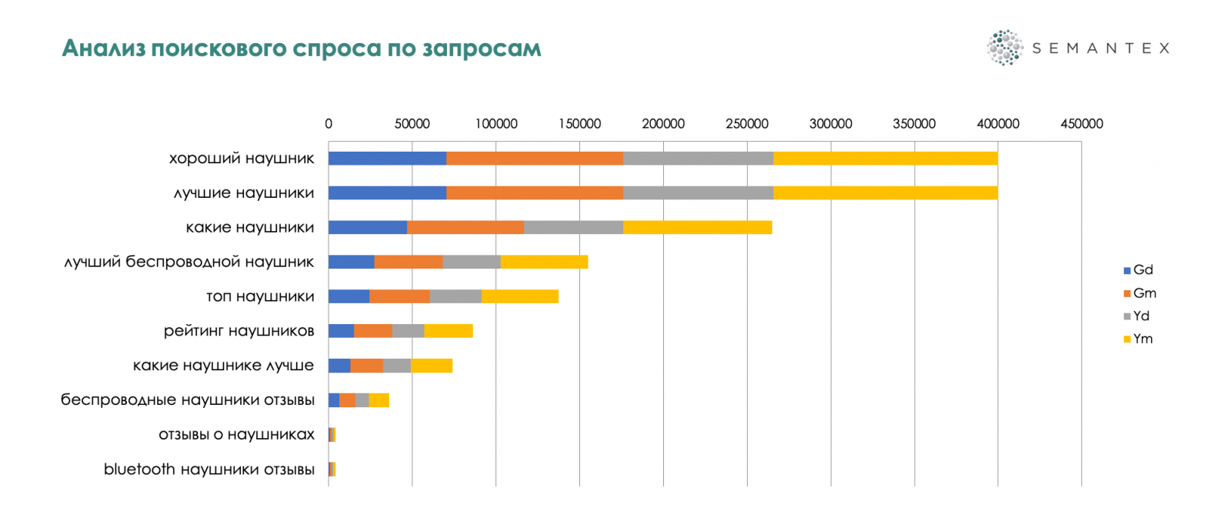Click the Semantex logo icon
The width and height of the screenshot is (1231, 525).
pyautogui.click(x=1005, y=48)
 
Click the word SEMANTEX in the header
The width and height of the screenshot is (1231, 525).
pyautogui.click(x=1100, y=48)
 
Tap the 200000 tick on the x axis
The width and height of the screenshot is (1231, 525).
pyautogui.click(x=663, y=124)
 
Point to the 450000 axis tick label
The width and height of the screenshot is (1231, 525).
pyautogui.click(x=1081, y=124)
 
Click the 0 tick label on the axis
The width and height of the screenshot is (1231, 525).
pyautogui.click(x=329, y=124)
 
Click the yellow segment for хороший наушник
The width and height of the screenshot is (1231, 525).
pyautogui.click(x=885, y=159)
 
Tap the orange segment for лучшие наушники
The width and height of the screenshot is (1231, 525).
pyautogui.click(x=534, y=193)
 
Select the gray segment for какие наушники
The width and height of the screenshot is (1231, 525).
pyautogui.click(x=573, y=227)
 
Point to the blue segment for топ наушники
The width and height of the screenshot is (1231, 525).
pyautogui.click(x=349, y=296)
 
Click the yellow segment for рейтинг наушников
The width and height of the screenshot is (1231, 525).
pyautogui.click(x=448, y=331)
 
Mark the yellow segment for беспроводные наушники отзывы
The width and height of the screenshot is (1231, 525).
pyautogui.click(x=379, y=400)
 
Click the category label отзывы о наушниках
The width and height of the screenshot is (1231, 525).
pyautogui.click(x=236, y=435)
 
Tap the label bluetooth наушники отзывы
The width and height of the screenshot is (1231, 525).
pyautogui.click(x=209, y=470)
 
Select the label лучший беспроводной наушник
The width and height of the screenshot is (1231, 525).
pyautogui.click(x=189, y=262)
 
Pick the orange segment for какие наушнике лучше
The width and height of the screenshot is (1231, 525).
pyautogui.click(x=366, y=366)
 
